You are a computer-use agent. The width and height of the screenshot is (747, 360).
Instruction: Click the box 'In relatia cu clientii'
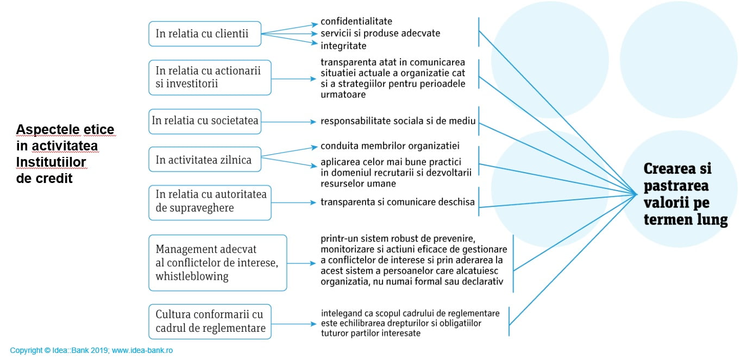pos(205,34)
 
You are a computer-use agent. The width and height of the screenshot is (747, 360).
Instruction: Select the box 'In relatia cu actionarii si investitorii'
pos(209,78)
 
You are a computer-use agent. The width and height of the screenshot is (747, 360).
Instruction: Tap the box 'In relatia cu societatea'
pos(205,121)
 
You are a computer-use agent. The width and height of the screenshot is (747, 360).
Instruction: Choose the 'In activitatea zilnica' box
pos(205,160)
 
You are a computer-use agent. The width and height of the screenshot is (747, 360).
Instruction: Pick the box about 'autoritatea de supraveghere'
pos(209,202)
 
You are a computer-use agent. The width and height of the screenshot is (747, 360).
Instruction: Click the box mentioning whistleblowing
pos(217,263)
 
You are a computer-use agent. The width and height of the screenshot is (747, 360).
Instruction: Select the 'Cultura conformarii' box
pos(209,321)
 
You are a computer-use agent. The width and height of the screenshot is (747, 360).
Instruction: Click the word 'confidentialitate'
pos(356,22)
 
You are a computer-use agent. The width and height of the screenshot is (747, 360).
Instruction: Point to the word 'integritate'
pos(343,46)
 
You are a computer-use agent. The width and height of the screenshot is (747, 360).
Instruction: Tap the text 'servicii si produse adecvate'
pos(380,34)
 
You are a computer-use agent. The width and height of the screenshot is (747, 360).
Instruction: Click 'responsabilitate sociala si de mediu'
pos(398,121)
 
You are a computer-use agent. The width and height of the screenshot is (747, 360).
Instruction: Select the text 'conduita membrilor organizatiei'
pos(390,146)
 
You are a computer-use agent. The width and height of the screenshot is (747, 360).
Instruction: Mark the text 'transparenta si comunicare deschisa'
pos(398,203)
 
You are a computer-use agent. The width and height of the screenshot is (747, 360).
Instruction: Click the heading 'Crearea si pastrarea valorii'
pos(685,194)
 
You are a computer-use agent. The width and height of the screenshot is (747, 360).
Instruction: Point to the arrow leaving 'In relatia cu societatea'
pos(288,122)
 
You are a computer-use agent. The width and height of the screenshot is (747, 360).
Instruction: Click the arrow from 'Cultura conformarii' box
pos(293,324)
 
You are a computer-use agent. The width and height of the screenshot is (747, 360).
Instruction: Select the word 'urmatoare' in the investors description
pos(343,95)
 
